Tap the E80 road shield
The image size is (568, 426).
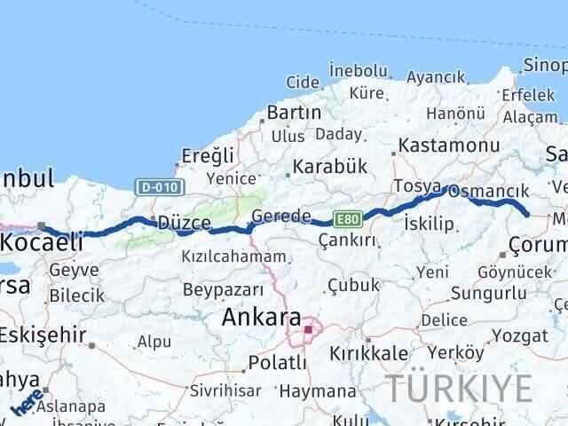pos(346,217)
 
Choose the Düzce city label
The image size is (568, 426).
pos(183,224)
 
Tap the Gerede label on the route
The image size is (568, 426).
pos(280,216)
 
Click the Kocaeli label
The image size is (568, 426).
pos(42,241)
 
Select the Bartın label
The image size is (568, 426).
pos(293,112)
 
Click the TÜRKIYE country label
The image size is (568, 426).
pos(459,388)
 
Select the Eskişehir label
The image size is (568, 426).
pos(43,335)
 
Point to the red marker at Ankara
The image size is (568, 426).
pos(308,329)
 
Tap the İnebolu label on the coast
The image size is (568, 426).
pos(358,70)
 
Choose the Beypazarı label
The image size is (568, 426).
pos(223,289)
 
